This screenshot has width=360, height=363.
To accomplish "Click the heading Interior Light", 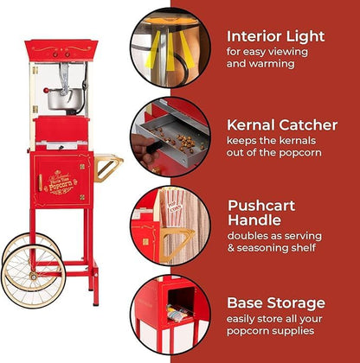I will (x=275, y=36).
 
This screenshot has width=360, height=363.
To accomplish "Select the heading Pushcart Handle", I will (x=261, y=214).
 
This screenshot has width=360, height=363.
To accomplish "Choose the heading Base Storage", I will (x=275, y=303).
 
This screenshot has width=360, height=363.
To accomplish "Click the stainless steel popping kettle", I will (x=58, y=95).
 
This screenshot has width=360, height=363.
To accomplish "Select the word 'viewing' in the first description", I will (x=289, y=52).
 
